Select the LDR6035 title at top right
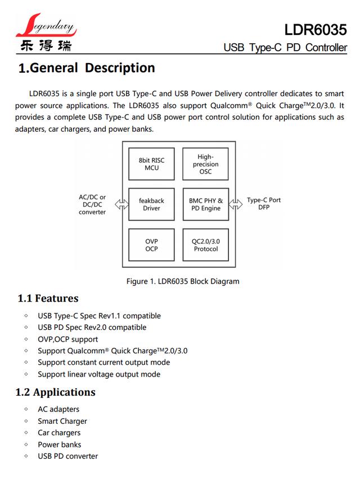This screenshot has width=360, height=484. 316,30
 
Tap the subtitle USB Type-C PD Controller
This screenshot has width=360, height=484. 285,47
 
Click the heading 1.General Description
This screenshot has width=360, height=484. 87,68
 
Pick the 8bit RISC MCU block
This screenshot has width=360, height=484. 151,164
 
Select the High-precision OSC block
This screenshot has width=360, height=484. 205,164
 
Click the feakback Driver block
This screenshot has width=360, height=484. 151,204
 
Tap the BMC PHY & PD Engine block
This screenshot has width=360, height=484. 206,204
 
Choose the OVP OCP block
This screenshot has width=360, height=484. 151,245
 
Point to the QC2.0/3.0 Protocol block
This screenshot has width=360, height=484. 206,245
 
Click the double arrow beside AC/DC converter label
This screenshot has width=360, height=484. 121,204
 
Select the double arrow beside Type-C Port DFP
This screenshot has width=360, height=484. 236,204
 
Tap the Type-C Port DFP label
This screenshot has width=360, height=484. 264,203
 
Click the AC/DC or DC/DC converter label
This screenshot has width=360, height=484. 92,204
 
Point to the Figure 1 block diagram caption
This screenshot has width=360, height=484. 183,281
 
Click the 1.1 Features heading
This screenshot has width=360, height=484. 48,298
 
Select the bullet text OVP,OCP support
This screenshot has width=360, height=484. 68,339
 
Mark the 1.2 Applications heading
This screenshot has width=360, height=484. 56,392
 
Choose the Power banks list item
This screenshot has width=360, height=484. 60,445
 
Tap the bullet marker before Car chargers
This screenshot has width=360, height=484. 26,432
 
